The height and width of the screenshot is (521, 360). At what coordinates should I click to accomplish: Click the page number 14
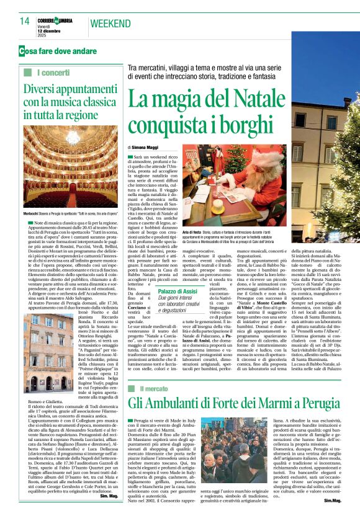[24, 22]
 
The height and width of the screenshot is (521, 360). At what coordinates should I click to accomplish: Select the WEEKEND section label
[111, 24]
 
